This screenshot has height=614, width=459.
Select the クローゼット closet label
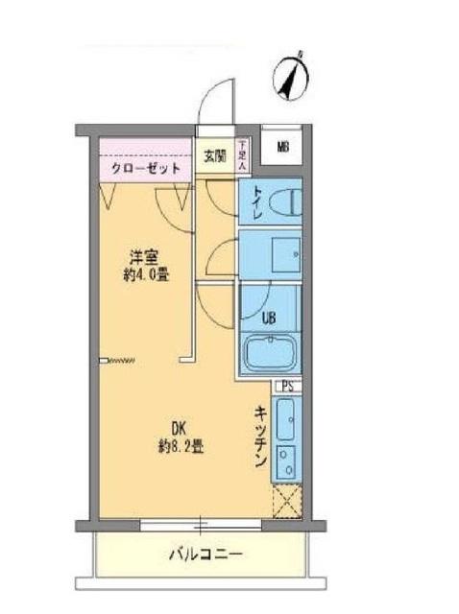click(146, 167)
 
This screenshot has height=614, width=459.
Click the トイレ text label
click(256, 203)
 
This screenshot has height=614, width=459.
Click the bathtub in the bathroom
click(270, 352)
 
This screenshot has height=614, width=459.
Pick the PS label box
click(286, 387)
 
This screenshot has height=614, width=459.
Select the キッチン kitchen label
click(260, 436)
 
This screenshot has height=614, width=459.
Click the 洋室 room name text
click(144, 256)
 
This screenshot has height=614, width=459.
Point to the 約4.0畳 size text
click(144, 273)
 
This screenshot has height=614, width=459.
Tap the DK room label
click(178, 429)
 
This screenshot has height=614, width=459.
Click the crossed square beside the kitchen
click(286, 501)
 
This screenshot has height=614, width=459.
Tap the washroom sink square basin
click(284, 253)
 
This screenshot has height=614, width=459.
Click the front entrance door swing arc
click(215, 101)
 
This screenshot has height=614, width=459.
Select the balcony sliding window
click(200, 524)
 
